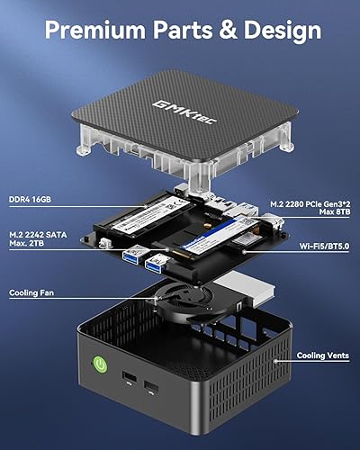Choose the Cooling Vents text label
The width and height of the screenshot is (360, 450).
[x=322, y=356]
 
